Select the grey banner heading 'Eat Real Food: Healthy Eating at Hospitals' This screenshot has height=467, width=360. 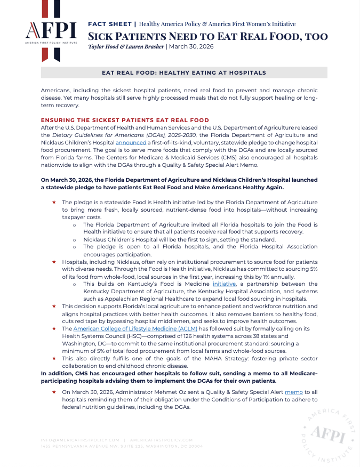[184, 73]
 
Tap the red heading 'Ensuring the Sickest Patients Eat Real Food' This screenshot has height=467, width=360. [125, 120]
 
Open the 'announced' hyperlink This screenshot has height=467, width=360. [131, 143]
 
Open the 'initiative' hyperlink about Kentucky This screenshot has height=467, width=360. [224, 284]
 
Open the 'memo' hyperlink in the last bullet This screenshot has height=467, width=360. [293, 392]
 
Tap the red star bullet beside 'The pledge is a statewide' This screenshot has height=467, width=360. [54, 203]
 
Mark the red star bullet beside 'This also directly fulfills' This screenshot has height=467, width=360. [54, 359]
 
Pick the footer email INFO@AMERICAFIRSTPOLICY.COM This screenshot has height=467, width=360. [80, 440]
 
